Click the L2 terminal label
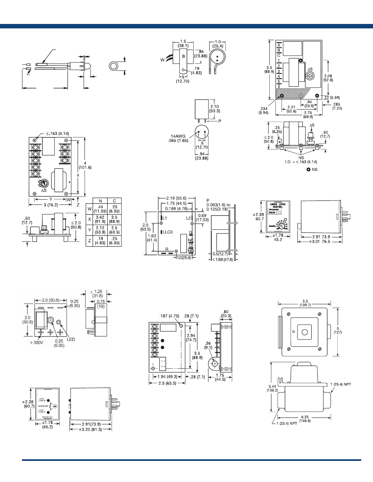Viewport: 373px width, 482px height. [x=188, y=218]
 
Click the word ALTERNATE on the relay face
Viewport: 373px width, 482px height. [x=43, y=406]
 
